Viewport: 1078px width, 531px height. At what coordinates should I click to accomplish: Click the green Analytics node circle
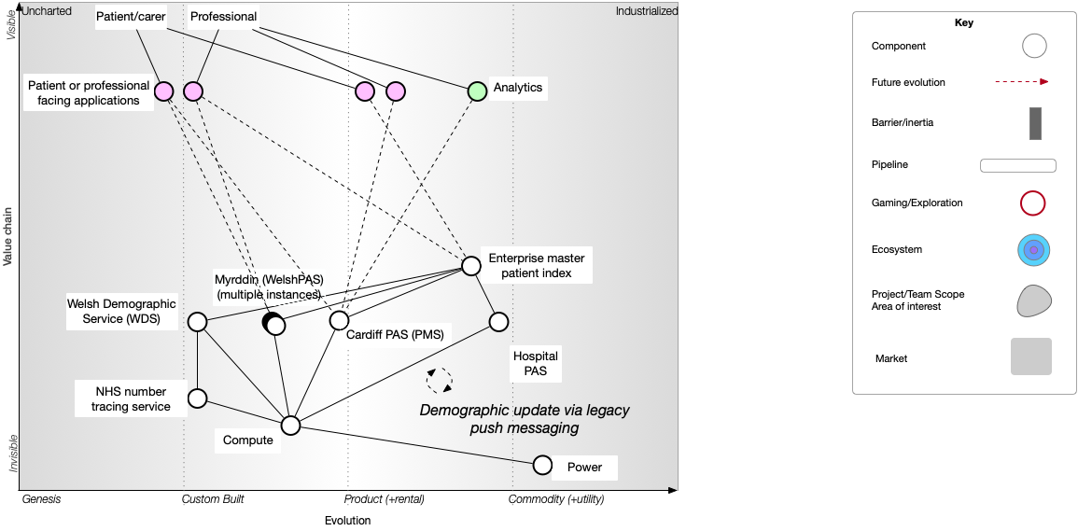tap(477, 91)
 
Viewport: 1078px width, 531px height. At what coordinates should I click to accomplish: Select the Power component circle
tap(542, 465)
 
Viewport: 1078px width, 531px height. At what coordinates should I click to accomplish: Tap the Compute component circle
tap(291, 426)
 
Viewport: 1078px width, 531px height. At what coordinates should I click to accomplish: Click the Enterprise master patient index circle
tap(471, 266)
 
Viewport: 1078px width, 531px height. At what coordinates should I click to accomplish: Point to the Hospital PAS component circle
tap(498, 322)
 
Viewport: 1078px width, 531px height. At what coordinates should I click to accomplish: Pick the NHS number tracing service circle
tap(197, 398)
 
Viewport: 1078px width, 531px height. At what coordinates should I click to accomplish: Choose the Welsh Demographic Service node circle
tap(197, 322)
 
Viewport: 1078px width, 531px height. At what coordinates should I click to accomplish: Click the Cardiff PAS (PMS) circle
tap(339, 320)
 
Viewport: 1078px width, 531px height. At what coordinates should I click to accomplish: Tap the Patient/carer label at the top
tap(131, 17)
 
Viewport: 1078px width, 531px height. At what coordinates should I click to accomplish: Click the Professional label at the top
tap(224, 17)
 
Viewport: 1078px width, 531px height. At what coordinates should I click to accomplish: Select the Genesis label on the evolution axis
tap(41, 499)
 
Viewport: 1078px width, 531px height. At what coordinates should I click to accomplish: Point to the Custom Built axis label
tap(213, 499)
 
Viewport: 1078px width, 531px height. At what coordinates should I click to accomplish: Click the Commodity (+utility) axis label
tap(556, 499)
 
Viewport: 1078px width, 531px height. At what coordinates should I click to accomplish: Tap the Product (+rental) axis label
tap(385, 499)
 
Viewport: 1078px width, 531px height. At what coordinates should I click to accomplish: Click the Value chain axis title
tap(7, 237)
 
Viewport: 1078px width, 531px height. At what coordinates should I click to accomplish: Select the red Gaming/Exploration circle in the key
tap(1033, 203)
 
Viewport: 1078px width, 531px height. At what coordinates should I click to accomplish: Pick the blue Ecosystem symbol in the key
tap(1034, 250)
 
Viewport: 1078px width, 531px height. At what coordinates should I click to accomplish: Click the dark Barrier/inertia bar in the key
tap(1035, 123)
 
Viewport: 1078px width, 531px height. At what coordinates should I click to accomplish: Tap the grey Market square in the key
tap(1031, 356)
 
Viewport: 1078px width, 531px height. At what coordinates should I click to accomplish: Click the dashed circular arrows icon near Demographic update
tap(440, 380)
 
